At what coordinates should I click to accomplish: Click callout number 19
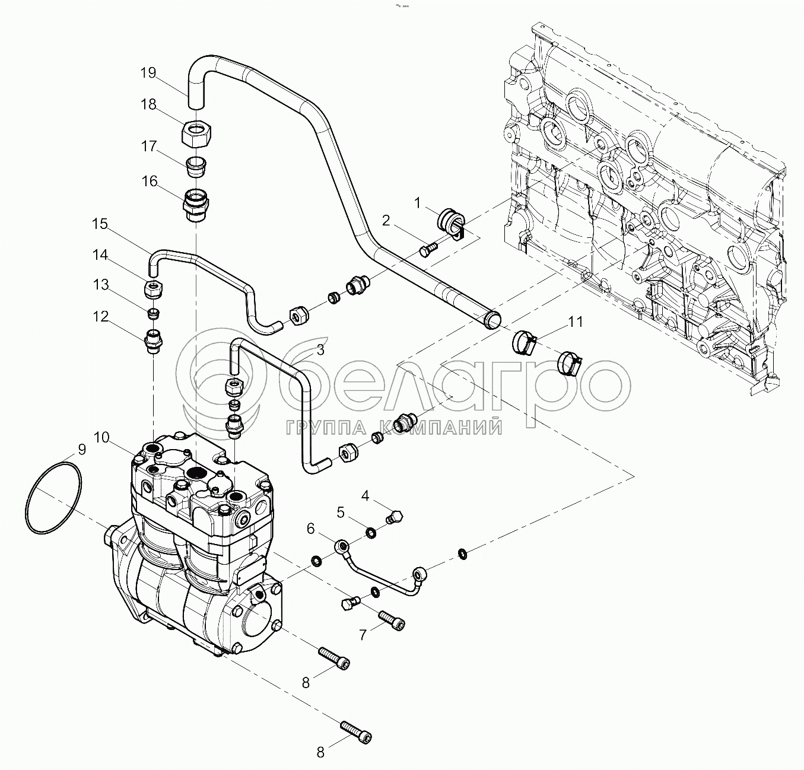pos(148,73)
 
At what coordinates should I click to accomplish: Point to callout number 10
pos(101,438)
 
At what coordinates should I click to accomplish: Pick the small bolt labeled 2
pos(427,250)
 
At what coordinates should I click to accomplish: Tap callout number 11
pos(576,322)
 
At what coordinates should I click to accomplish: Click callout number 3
pos(320,349)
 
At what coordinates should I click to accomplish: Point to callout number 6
pos(310,527)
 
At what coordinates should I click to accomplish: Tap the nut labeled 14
pos(154,289)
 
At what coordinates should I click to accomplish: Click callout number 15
pos(100,224)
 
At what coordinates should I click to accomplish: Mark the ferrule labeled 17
pos(195,166)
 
